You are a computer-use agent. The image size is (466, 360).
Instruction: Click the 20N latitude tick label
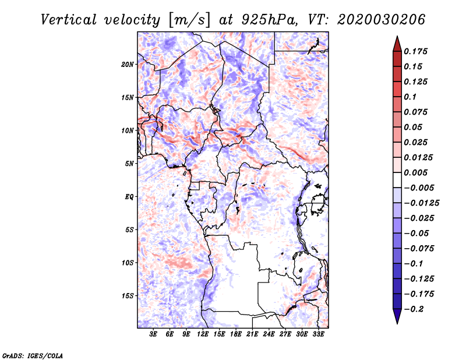(128, 65)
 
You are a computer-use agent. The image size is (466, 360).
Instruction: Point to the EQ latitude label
(129, 197)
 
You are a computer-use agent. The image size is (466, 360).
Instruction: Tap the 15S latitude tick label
(128, 296)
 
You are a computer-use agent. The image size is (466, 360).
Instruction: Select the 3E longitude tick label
(153, 334)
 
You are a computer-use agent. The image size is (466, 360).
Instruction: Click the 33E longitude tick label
(318, 334)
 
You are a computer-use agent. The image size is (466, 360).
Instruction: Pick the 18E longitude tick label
(236, 334)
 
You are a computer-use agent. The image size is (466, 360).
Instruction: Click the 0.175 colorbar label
(415, 51)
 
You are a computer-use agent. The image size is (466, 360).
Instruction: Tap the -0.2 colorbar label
(414, 309)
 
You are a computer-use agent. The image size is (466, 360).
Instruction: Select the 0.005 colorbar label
(415, 172)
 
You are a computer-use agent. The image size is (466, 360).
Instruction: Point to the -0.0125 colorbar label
(421, 203)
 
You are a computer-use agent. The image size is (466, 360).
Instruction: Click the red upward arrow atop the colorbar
(397, 44)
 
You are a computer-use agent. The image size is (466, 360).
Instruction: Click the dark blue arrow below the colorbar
(397, 316)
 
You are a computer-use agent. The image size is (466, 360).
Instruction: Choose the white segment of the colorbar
(397, 180)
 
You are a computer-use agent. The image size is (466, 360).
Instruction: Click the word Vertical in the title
(69, 20)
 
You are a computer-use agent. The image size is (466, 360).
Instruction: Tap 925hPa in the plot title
(269, 20)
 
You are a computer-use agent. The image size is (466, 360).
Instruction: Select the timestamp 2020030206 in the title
(382, 20)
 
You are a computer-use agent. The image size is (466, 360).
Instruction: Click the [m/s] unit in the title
(190, 20)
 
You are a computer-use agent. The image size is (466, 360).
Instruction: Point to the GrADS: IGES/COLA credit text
(33, 356)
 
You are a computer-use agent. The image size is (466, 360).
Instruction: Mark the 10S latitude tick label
(128, 263)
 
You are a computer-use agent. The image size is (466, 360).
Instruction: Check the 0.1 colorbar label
(410, 97)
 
